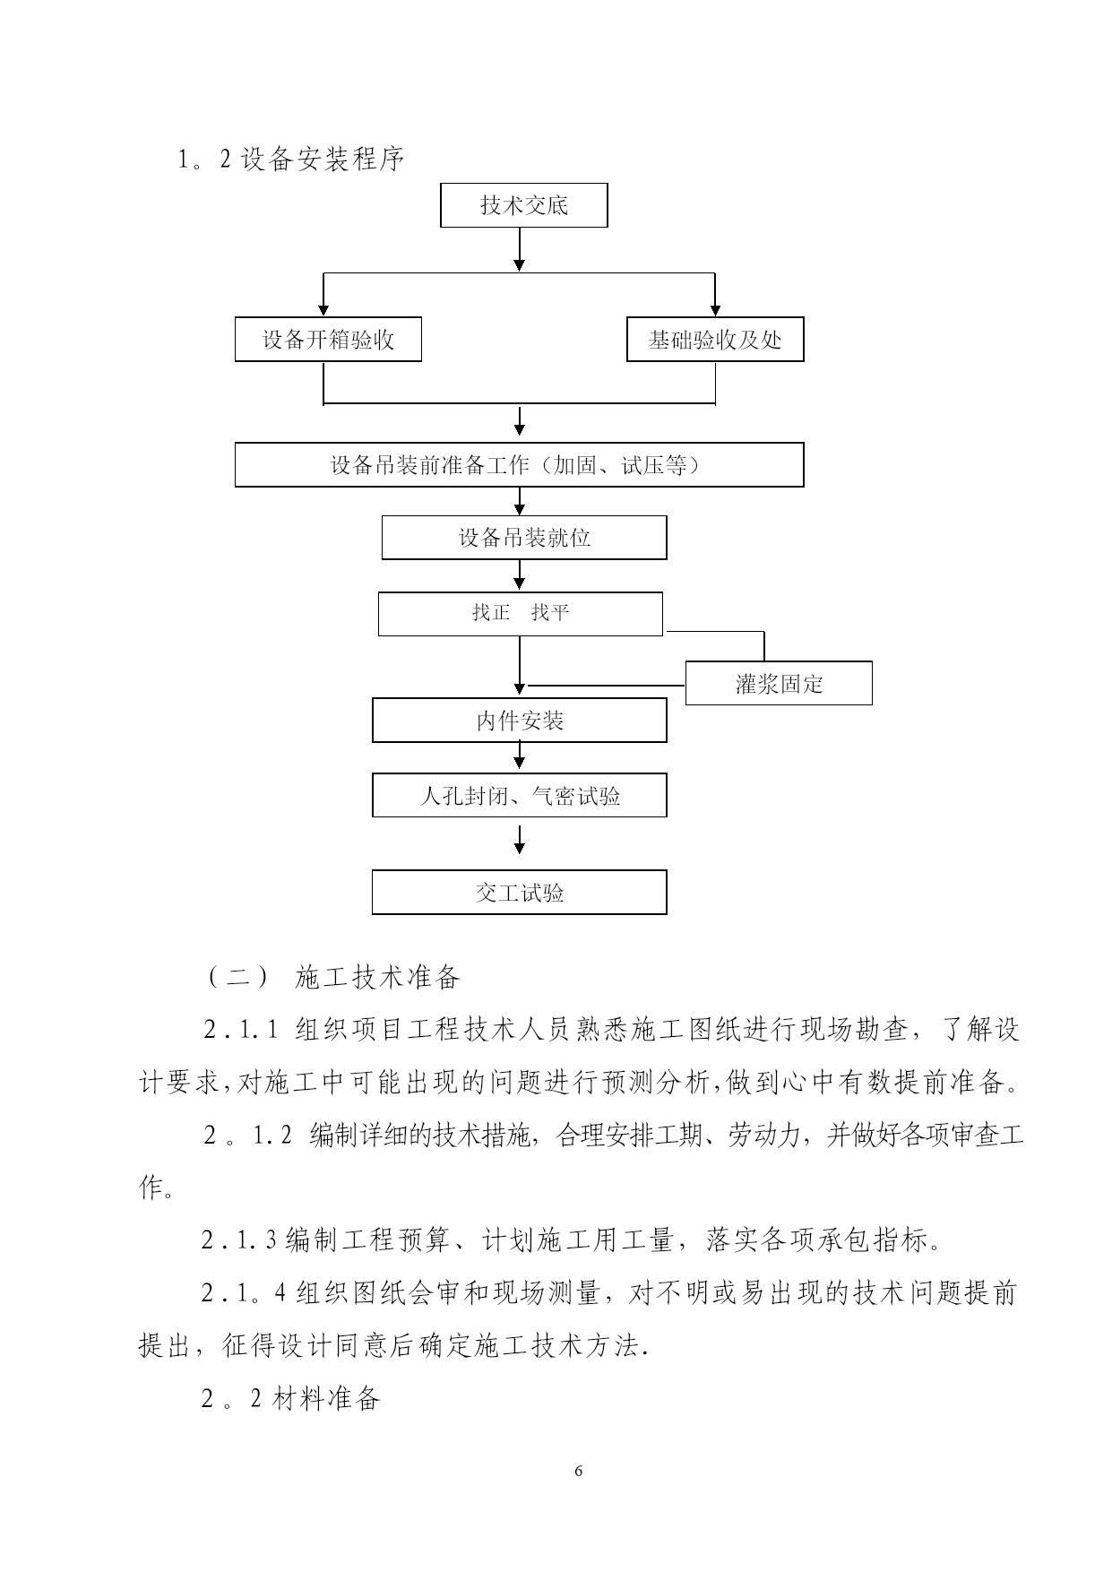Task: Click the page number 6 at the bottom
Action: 578,1471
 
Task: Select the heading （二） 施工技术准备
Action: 333,977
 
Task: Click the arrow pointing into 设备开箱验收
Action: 323,295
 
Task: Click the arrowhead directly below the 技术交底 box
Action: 520,263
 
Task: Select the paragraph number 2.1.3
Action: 239,1241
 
